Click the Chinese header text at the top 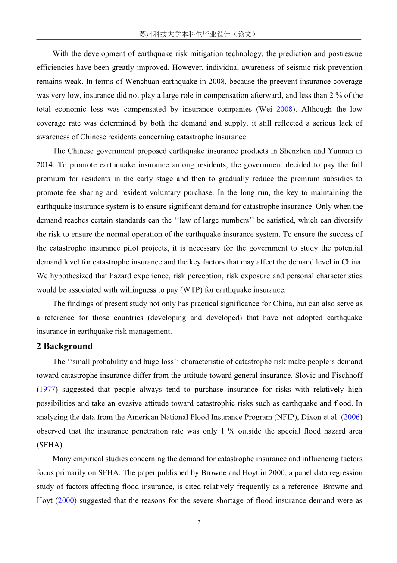[198, 34]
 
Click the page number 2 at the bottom [199, 522]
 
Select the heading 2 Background [65, 346]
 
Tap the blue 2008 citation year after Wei [284, 109]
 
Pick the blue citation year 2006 [354, 417]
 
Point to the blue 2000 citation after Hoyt [67, 500]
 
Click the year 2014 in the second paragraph [45, 165]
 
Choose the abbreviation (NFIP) [283, 417]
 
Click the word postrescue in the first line [344, 54]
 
